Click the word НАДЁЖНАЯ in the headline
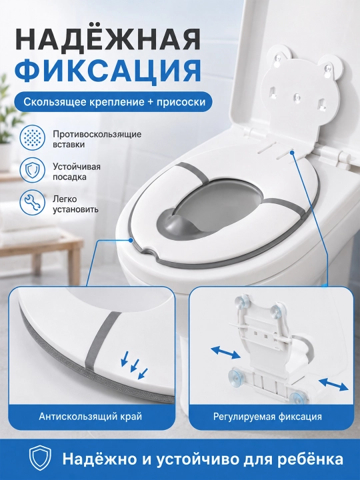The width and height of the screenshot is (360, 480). [x=107, y=40]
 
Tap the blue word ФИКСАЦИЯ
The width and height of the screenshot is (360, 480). [x=107, y=72]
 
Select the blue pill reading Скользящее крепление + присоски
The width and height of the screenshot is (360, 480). [x=114, y=101]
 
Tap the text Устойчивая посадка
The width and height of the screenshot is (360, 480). [x=77, y=172]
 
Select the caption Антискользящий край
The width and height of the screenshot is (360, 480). [x=90, y=417]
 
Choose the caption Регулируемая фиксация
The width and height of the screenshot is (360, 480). [x=267, y=417]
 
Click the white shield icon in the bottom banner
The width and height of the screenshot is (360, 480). [x=40, y=459]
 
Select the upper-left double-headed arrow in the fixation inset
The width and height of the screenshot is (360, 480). [x=225, y=353]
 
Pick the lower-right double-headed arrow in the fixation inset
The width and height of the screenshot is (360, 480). [x=333, y=383]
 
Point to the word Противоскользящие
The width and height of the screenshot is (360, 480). [x=97, y=135]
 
